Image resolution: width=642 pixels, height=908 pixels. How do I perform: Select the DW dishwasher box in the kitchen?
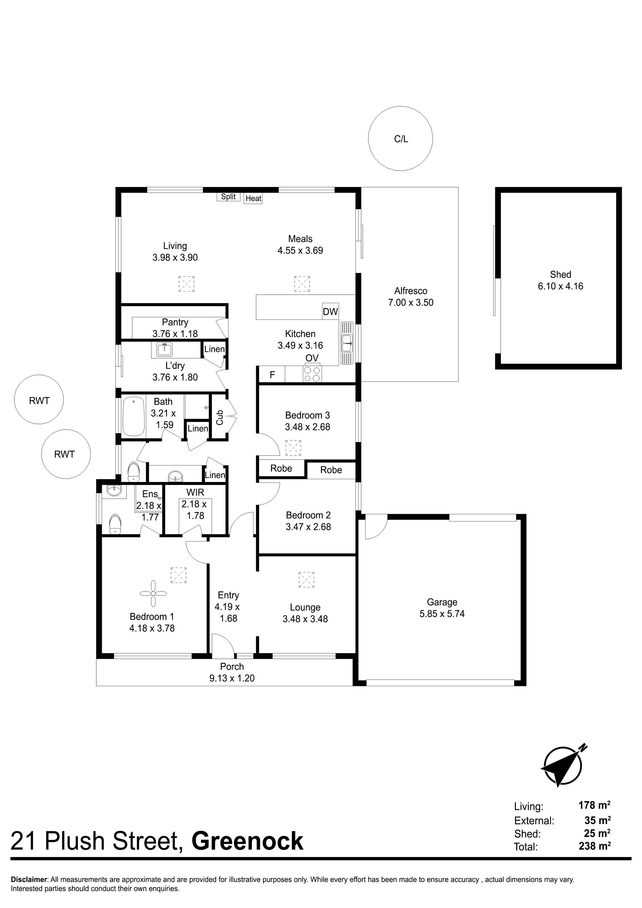(x=330, y=311)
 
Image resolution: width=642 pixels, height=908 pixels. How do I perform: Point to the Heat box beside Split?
(x=253, y=198)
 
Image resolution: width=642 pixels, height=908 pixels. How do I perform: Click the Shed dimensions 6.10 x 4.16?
(x=560, y=286)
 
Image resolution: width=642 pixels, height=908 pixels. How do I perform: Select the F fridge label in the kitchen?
(x=272, y=374)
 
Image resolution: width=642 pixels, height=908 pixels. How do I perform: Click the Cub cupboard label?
(x=219, y=418)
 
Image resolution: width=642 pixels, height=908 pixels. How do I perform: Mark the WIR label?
(x=195, y=492)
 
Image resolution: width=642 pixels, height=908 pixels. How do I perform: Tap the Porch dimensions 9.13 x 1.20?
(x=232, y=678)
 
